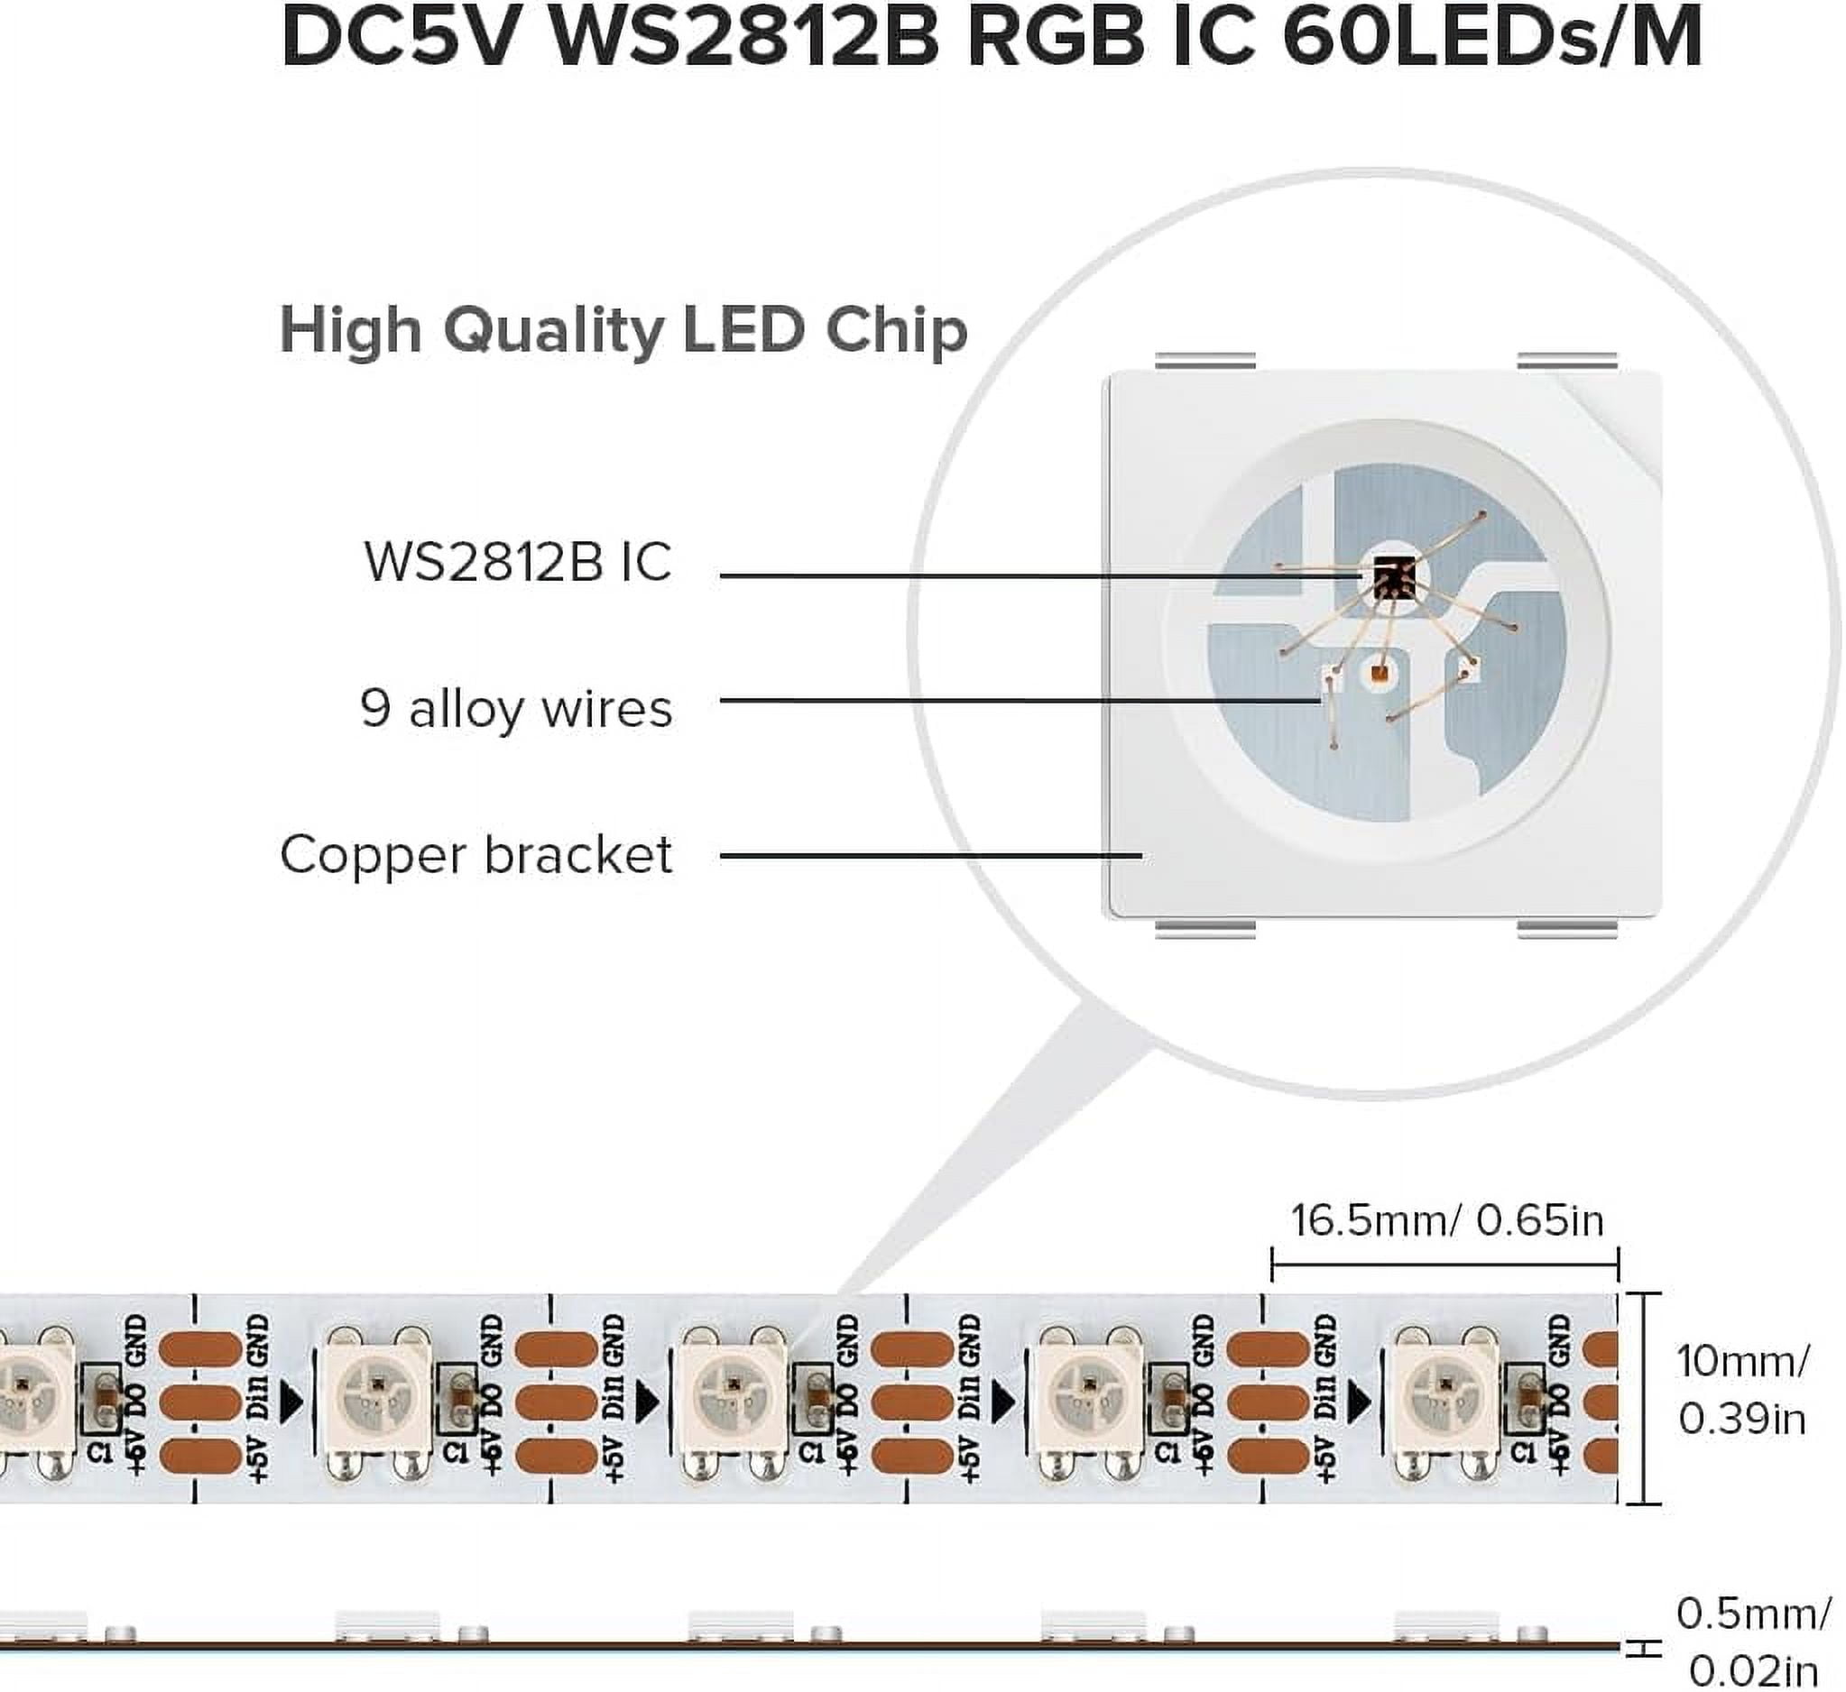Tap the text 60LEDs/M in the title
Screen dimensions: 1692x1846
point(1493,39)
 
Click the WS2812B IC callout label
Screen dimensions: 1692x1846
point(518,561)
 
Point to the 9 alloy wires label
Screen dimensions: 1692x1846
point(516,709)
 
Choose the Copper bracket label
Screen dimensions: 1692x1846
point(476,854)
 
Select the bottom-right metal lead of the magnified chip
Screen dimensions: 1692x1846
point(1566,929)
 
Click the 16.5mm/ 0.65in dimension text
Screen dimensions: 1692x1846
point(1447,1220)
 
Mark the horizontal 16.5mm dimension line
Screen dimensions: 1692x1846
point(1444,1267)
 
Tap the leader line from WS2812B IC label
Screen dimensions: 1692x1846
point(1007,575)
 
